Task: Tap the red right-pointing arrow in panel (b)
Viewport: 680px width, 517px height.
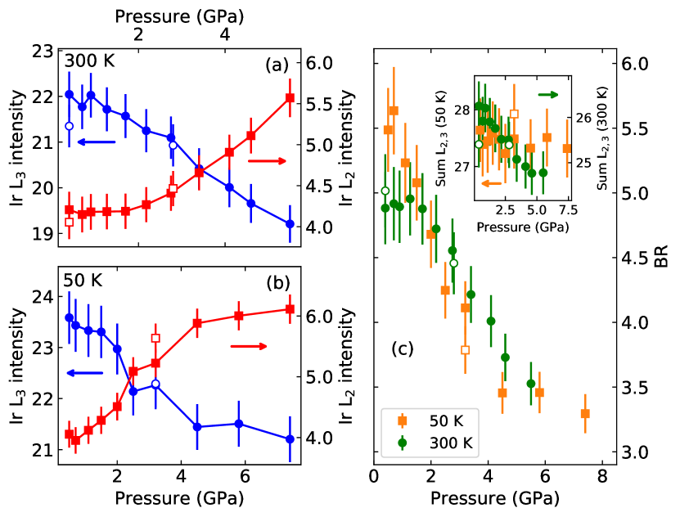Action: [x=249, y=346]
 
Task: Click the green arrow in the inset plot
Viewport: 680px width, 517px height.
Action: [x=547, y=95]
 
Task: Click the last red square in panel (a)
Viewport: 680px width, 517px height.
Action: [x=290, y=98]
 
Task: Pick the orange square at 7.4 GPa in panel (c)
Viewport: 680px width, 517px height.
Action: [x=585, y=413]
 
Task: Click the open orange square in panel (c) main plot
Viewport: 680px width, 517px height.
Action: [x=466, y=350]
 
